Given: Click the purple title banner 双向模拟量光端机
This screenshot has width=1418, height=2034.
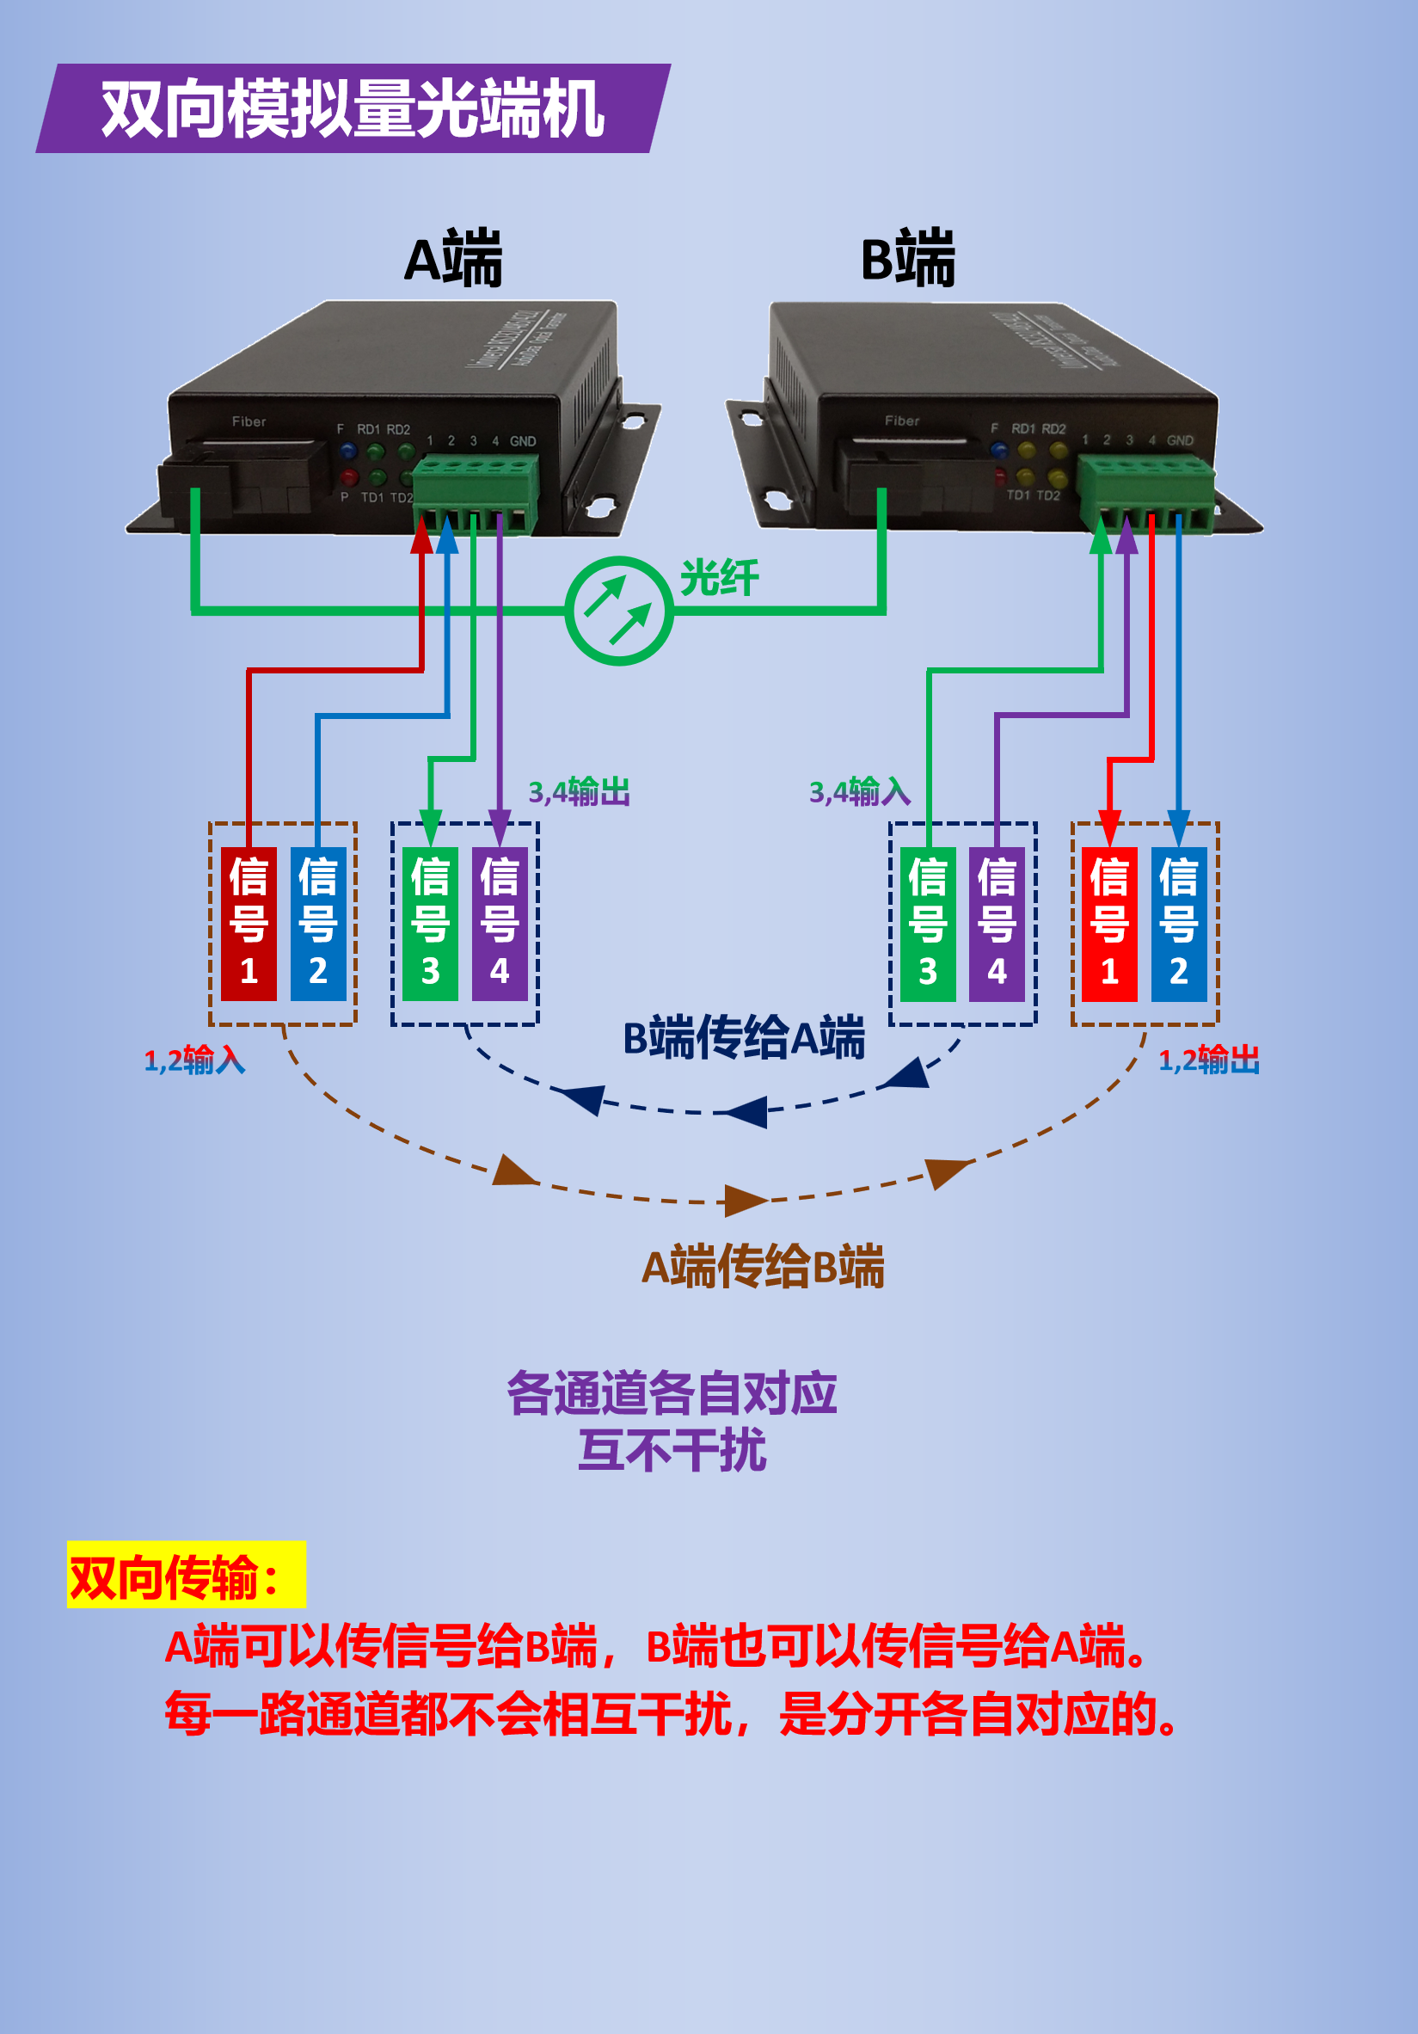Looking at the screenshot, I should pos(353,108).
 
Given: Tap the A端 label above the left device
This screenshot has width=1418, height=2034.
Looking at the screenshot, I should pos(453,259).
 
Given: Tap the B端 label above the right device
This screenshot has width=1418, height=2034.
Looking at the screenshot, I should pos(909,259).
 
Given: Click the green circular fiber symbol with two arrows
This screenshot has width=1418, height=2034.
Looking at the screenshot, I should pos(619,611).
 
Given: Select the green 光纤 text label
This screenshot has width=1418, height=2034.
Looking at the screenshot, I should pos(719,579).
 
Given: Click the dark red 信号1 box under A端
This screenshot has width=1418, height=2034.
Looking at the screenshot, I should pos(249,923).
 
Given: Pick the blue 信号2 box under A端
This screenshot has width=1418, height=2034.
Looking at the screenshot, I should pos(318,923).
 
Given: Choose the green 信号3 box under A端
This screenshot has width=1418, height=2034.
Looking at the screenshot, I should pos(431,923).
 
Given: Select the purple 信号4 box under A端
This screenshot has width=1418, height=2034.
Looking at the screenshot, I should pos(500,923).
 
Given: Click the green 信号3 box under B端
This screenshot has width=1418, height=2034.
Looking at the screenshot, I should pos(928,923).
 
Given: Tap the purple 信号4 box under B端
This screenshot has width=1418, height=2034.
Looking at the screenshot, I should pos(998,923).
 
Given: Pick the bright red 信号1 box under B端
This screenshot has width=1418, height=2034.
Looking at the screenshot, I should pos(1110,923).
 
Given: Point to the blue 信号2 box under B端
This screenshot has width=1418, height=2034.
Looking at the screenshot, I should pos(1179,923).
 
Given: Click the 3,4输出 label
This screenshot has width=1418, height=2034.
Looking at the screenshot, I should pos(580,791).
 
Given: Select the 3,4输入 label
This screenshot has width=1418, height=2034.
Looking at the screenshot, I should pos(860,791).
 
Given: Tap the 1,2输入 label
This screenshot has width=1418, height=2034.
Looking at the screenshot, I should pos(195,1060).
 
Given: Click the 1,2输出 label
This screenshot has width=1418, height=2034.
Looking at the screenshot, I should pos(1209,1060).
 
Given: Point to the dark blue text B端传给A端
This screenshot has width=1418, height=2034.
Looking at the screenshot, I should pos(744,1037).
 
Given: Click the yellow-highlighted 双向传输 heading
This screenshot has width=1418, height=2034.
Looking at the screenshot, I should pos(186,1578).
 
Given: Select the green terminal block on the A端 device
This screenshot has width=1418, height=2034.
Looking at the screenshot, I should pos(476,493).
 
